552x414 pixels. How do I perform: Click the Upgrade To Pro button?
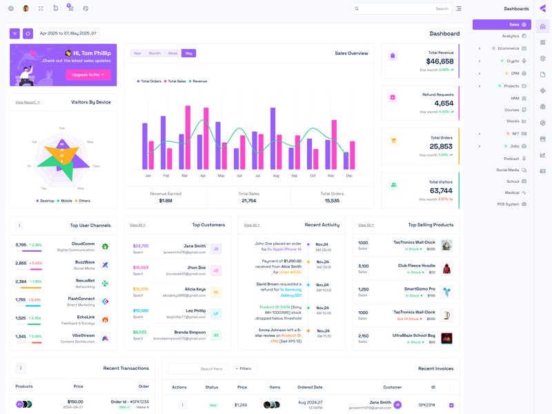pos(88,75)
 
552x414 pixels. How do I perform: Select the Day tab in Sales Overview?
pos(188,53)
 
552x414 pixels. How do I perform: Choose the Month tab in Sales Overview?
pos(155,53)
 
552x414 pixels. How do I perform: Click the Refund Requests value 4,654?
pos(444,103)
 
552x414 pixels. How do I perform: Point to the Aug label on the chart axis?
pos(276,176)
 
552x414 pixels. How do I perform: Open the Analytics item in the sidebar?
pos(511,36)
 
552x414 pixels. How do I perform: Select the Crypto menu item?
pos(513,61)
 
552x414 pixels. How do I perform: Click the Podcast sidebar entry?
pos(511,159)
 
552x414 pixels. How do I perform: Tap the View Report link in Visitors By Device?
pos(28,102)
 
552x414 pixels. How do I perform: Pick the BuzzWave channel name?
pos(85,262)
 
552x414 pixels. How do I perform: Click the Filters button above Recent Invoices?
pos(243,368)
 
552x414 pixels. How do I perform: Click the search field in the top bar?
pos(400,9)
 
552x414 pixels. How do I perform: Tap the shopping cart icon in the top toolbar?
pos(70,9)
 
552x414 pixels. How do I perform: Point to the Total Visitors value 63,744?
pos(440,191)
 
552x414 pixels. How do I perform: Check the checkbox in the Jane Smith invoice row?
pos(451,405)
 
